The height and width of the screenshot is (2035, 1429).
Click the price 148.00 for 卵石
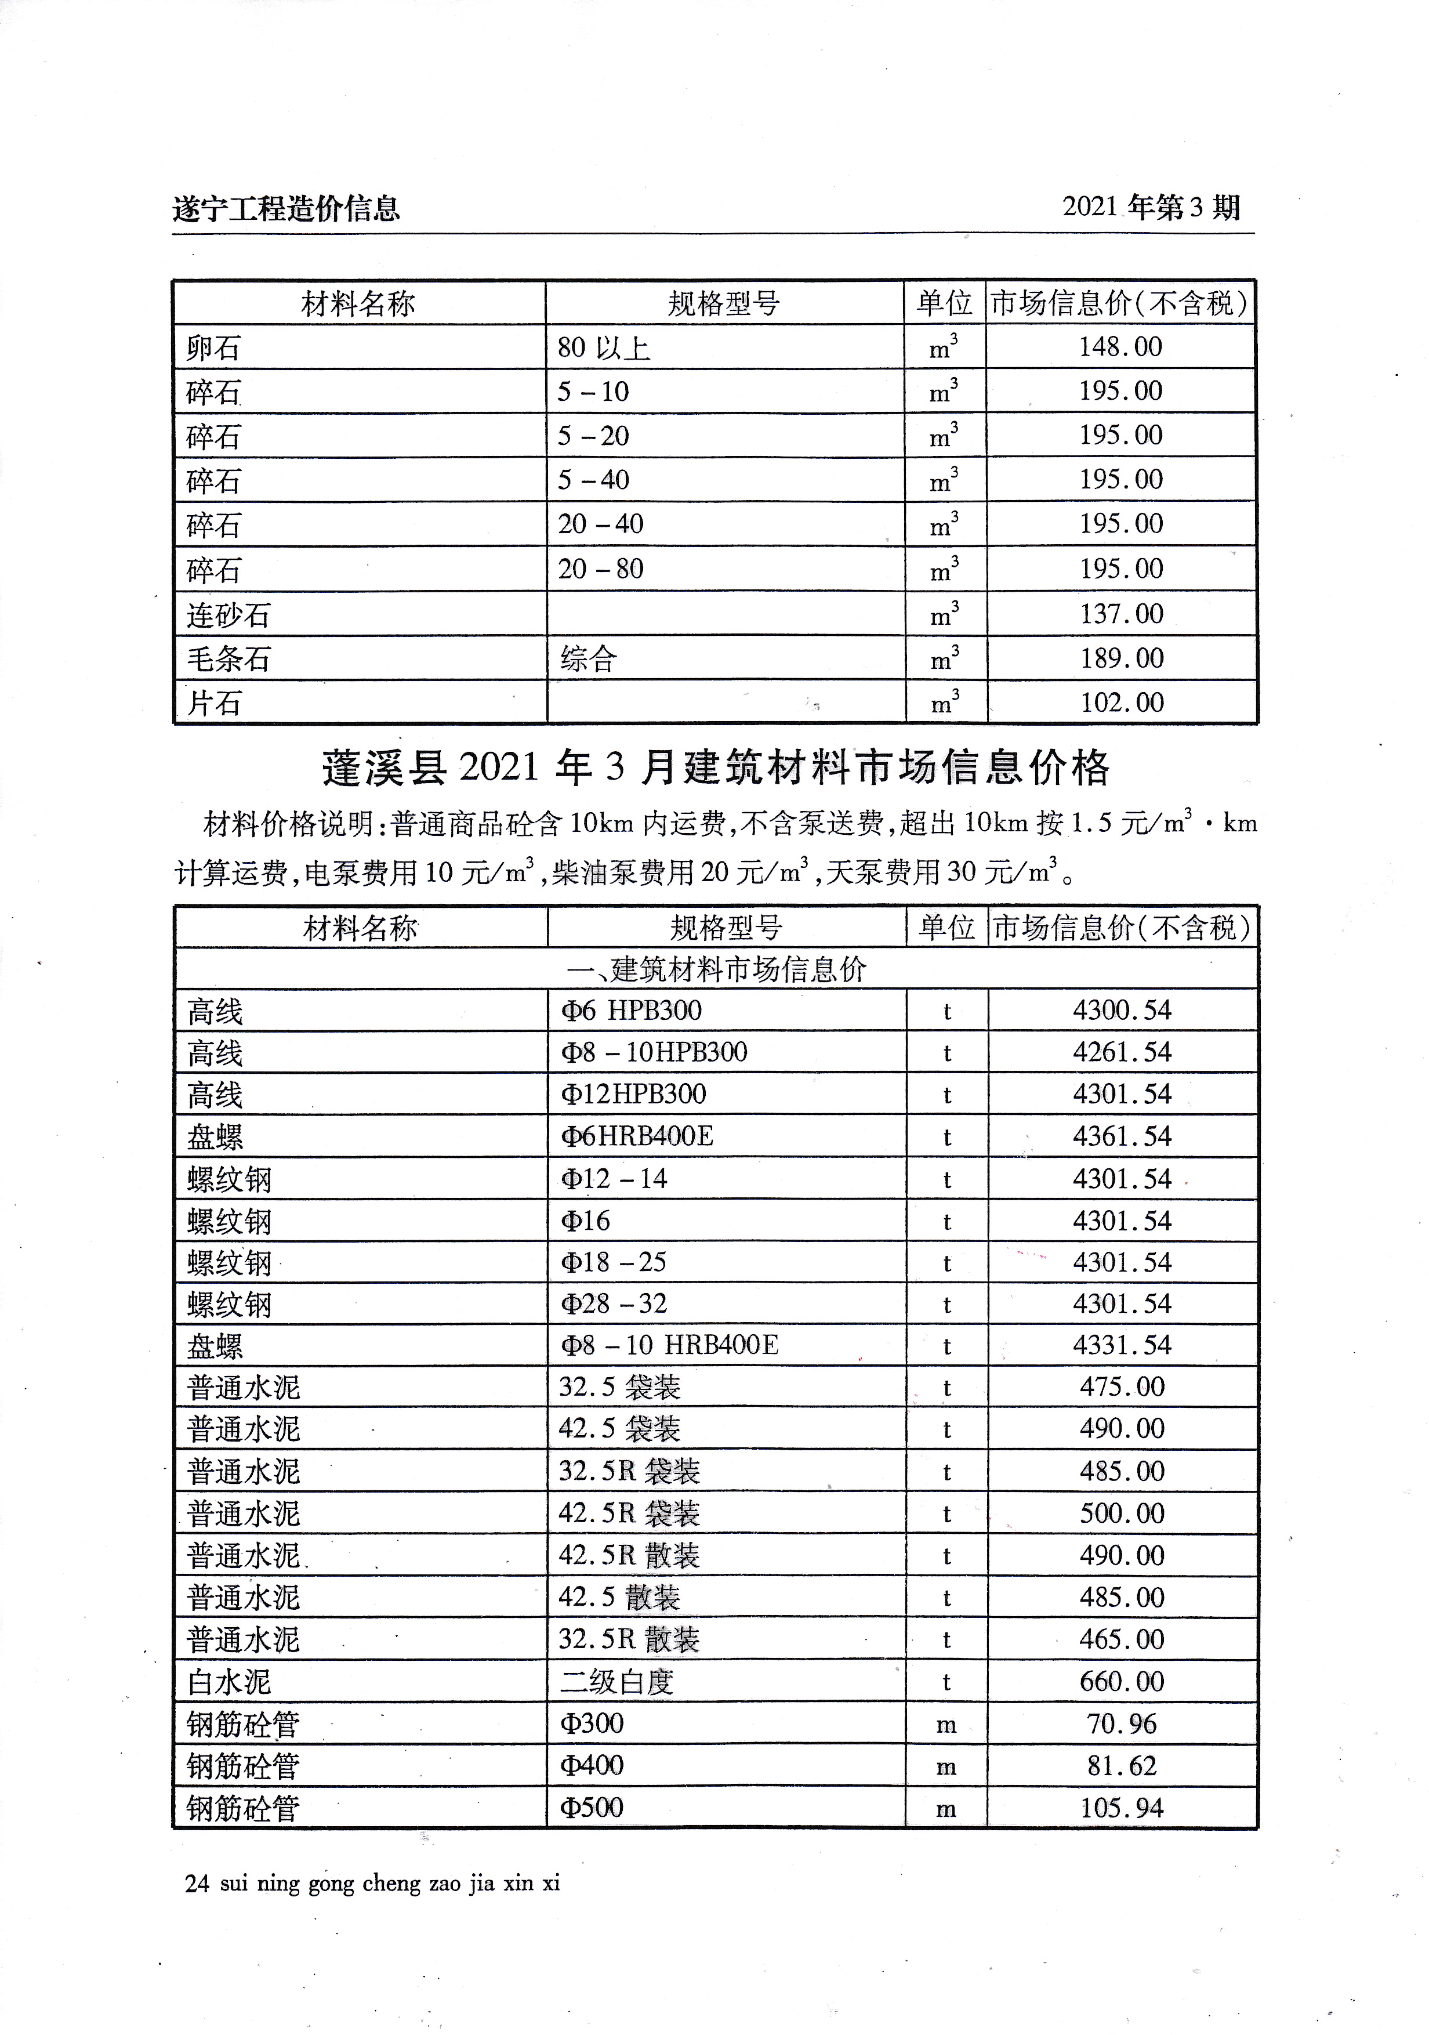click(x=1120, y=346)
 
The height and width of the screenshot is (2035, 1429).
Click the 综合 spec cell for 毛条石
click(x=588, y=658)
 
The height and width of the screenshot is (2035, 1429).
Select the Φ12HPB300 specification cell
click(x=633, y=1093)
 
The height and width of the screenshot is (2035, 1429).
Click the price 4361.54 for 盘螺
click(x=1122, y=1136)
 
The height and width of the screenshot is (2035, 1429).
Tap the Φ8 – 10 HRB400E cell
click(x=670, y=1345)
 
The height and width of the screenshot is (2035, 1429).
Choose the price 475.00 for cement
click(x=1122, y=1387)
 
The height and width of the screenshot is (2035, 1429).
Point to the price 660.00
click(x=1122, y=1681)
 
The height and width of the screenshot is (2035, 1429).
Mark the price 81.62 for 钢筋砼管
click(x=1122, y=1766)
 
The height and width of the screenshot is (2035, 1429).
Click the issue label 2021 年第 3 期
click(x=1151, y=208)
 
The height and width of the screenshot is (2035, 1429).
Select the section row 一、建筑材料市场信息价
click(x=716, y=969)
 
